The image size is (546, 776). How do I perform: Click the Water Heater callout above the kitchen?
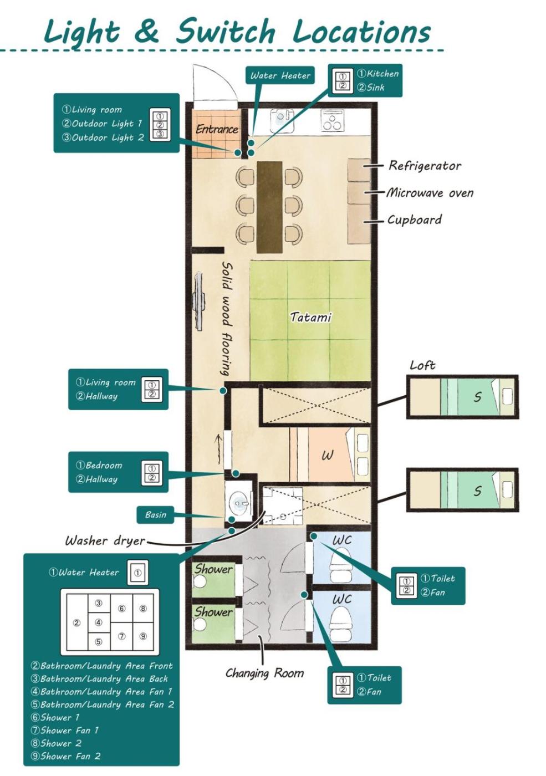click(x=280, y=75)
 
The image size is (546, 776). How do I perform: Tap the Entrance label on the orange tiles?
click(x=217, y=129)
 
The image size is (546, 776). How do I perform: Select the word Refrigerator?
click(x=425, y=166)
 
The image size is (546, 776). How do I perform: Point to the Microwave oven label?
click(x=430, y=193)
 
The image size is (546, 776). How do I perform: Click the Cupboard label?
click(x=415, y=220)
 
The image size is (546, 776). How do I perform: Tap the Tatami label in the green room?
click(x=310, y=317)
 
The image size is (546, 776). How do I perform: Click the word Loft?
click(x=422, y=365)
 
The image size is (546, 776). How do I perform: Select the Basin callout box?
click(x=156, y=515)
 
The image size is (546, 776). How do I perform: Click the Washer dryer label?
click(x=105, y=540)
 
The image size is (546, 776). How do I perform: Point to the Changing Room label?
click(x=265, y=673)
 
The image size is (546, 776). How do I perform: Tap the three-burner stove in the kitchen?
click(x=332, y=120)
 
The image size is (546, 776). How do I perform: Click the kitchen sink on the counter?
click(x=281, y=119)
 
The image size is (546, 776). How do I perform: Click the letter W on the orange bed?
click(x=327, y=456)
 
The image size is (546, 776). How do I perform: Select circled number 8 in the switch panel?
click(x=143, y=609)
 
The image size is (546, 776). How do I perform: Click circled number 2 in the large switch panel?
click(x=76, y=623)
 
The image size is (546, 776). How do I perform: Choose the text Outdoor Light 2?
click(x=103, y=137)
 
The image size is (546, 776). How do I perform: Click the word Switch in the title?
click(x=226, y=32)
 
